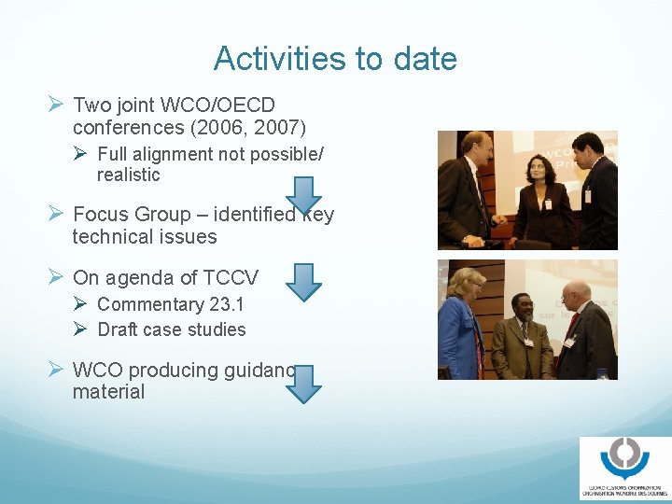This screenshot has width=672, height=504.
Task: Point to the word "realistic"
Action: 129,175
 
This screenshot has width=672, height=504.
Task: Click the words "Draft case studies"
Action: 172,329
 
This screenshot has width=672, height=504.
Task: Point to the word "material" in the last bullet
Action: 108,392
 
